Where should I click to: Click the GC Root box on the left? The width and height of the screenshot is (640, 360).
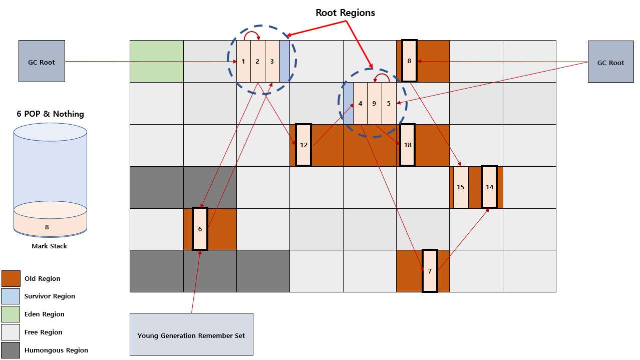42,61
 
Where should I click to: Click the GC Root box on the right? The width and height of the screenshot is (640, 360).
611,62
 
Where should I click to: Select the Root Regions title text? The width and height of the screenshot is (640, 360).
345,13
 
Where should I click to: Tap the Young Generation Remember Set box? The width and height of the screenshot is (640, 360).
191,334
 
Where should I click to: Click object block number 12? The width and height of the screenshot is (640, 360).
303,145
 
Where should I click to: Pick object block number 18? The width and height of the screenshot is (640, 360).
408,145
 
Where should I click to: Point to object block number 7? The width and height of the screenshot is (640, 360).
430,271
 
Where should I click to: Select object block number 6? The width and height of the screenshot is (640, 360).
200,229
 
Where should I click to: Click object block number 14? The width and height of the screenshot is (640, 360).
489,187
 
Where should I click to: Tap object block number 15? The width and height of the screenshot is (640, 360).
461,187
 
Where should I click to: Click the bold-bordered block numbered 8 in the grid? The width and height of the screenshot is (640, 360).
409,61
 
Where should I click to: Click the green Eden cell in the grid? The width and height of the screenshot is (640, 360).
157,61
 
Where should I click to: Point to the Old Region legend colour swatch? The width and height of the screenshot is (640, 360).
11,278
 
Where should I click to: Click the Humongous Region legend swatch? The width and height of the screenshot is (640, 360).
11,350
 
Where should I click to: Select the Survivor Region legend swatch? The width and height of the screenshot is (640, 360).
11,296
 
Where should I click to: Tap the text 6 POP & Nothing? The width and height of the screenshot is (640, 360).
50,114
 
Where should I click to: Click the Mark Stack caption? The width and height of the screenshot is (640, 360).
50,246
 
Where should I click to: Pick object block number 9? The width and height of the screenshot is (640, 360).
374,103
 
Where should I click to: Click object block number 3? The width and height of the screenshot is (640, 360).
272,61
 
